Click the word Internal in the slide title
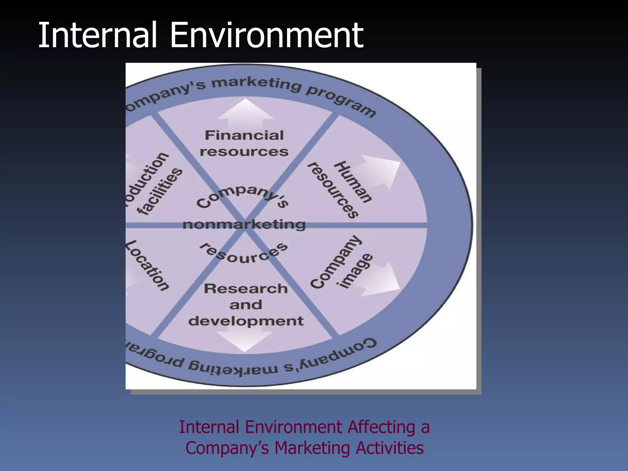[98, 35]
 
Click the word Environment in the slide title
[266, 35]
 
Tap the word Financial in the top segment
[244, 135]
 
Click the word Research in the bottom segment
[246, 289]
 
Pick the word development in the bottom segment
[246, 321]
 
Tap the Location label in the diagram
[147, 265]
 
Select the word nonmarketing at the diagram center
[244, 225]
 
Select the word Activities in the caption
[389, 448]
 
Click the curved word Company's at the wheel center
[242, 196]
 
